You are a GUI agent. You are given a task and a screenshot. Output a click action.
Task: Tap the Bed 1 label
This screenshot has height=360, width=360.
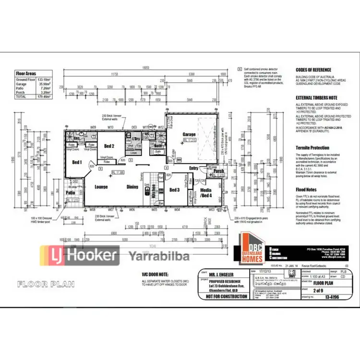click(77, 162)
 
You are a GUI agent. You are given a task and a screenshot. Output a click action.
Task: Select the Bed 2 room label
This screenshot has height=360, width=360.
click(109, 146)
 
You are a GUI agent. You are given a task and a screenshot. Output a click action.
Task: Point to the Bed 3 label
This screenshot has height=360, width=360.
click(175, 190)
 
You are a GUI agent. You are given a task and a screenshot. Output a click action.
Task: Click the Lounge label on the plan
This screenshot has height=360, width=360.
click(101, 187)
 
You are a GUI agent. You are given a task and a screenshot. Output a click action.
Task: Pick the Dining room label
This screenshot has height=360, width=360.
click(132, 187)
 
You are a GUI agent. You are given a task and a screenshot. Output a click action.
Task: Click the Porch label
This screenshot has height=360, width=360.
click(219, 171)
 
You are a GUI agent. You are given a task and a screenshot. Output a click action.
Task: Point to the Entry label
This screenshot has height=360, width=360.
click(193, 168)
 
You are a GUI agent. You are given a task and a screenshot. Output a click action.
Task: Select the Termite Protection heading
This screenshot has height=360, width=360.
click(312, 148)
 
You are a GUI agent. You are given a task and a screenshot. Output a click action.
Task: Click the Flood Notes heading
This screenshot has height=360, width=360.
click(306, 190)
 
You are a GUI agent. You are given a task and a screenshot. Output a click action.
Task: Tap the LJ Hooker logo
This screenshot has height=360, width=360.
click(79, 255)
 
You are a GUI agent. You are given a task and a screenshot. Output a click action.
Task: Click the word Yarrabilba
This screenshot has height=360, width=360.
click(158, 255)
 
